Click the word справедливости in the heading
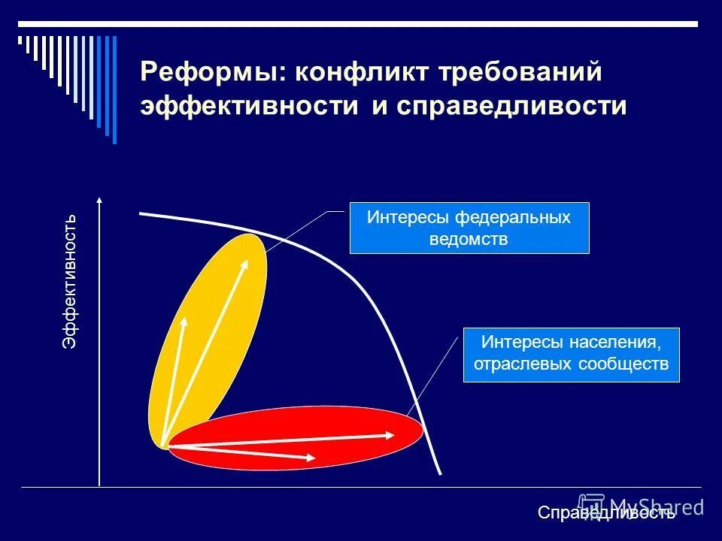(x=511, y=106)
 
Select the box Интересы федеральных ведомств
(x=469, y=228)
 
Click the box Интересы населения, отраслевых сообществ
(x=571, y=355)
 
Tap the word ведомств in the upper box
(x=469, y=240)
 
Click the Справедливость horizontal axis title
(x=606, y=513)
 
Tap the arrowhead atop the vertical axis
(x=99, y=201)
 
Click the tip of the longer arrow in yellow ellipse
(x=247, y=259)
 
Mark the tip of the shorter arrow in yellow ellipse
(x=185, y=318)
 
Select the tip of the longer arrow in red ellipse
(x=395, y=434)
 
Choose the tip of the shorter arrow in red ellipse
(x=314, y=457)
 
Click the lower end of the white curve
(x=440, y=473)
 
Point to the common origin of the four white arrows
(x=165, y=446)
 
